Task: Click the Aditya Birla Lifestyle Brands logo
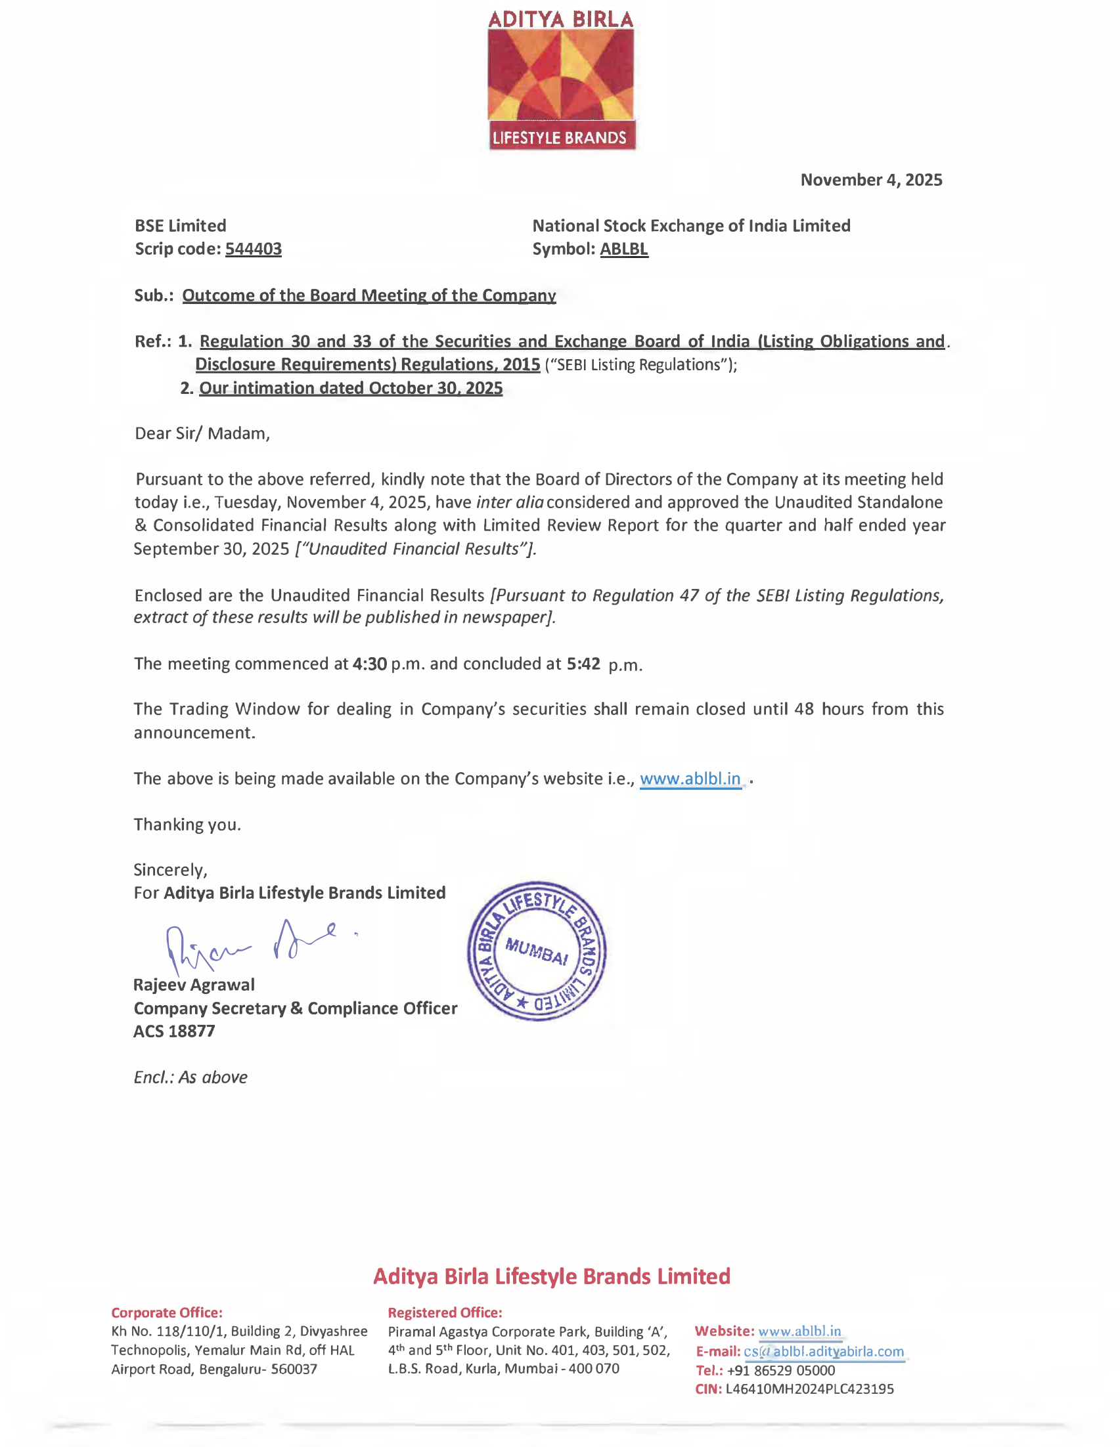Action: [x=561, y=79]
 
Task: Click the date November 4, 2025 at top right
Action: [x=871, y=180]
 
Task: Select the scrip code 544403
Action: [x=253, y=249]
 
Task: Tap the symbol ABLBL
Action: [x=623, y=249]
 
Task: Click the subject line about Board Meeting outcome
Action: [x=369, y=295]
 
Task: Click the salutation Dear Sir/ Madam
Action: [x=202, y=433]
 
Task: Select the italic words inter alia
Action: [x=510, y=502]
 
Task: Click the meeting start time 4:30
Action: [x=369, y=664]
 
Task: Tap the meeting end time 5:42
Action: [x=583, y=664]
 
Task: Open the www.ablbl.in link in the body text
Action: [x=690, y=779]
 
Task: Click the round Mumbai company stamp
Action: [x=536, y=951]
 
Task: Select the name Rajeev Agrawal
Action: [x=194, y=985]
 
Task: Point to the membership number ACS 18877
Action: [x=174, y=1031]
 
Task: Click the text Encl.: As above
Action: [x=190, y=1077]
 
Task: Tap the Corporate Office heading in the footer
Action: [x=166, y=1312]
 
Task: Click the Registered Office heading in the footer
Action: [x=445, y=1312]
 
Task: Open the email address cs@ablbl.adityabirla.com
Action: [x=823, y=1352]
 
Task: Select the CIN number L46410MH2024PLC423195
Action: [x=809, y=1389]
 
